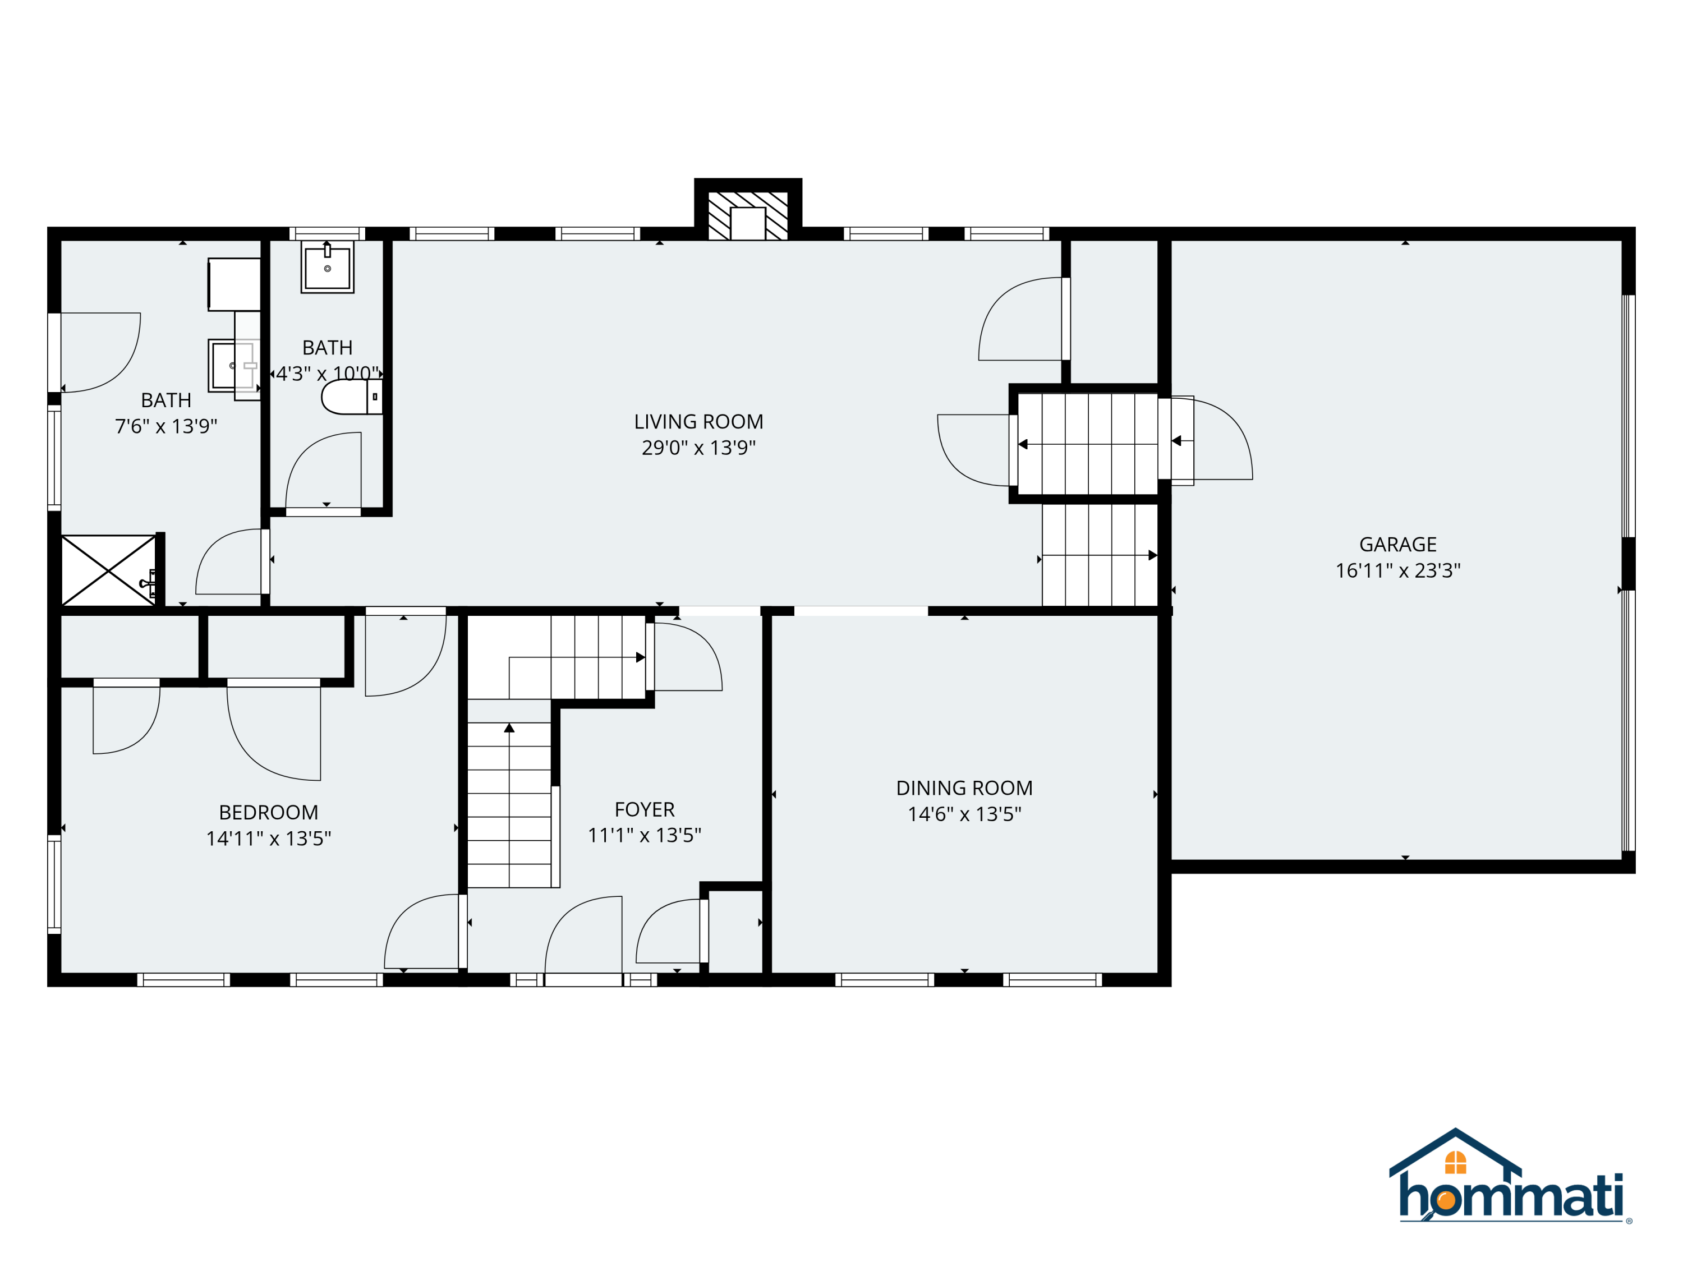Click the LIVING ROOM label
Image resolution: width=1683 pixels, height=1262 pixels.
tap(698, 421)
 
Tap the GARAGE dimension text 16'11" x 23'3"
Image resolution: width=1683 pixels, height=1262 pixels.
tap(1397, 570)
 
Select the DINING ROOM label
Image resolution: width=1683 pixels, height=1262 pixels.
tap(964, 788)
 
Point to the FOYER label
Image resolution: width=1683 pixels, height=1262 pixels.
tap(645, 809)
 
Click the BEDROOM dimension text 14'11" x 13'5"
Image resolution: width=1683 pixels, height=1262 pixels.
tap(269, 839)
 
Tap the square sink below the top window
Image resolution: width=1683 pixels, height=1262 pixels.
tap(327, 267)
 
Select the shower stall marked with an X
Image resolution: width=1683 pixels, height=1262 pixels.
tap(108, 570)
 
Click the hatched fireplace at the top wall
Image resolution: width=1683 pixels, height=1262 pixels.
tap(748, 216)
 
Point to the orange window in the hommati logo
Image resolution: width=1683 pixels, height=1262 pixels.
tap(1455, 1162)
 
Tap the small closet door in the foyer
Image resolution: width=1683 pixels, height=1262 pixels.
tap(669, 932)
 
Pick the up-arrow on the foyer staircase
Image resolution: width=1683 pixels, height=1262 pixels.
tap(509, 728)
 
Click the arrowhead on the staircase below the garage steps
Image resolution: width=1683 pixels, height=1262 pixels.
tap(1153, 555)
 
